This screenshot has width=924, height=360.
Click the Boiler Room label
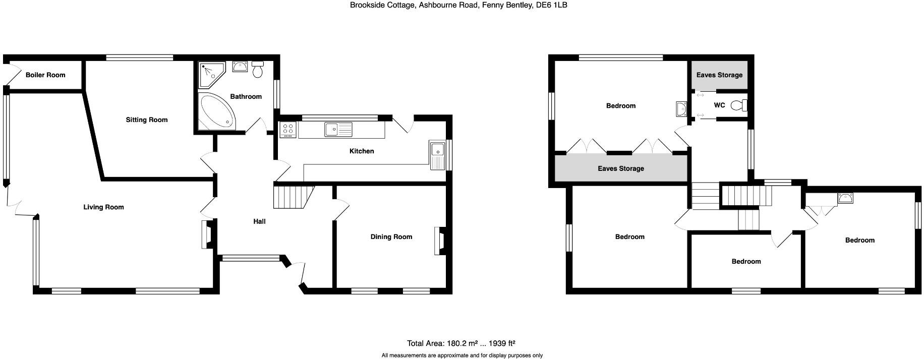(45, 75)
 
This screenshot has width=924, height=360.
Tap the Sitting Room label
(147, 120)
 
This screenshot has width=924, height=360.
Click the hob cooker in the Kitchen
(288, 130)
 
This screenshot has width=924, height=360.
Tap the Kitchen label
(362, 151)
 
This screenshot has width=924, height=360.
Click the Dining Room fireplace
(439, 241)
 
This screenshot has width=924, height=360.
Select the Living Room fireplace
(207, 235)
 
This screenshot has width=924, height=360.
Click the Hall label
(259, 221)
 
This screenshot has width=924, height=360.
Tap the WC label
(719, 105)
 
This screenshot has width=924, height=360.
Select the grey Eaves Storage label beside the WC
(719, 75)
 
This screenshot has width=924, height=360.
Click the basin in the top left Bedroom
(681, 108)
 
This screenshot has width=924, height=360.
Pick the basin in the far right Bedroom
(845, 198)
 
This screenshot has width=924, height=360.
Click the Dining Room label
(391, 237)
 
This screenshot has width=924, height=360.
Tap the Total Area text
(461, 343)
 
